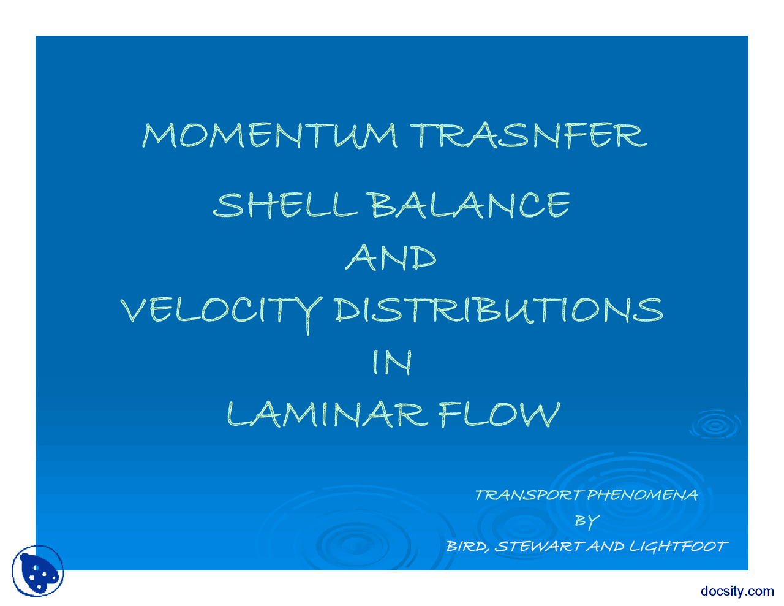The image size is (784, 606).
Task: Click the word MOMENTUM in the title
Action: pos(269,135)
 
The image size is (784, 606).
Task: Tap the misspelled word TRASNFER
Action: pos(528,135)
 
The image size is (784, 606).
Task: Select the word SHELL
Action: pos(285,205)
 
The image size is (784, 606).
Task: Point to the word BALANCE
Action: pos(470,205)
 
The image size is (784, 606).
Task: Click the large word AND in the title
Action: pos(391,258)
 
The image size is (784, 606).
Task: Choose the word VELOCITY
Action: pos(221,311)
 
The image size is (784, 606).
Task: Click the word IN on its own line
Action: pos(392,363)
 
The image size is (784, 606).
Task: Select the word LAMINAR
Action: pos(326,415)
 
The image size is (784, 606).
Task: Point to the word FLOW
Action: pos(499,415)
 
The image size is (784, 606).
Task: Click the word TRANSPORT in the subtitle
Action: pos(528,495)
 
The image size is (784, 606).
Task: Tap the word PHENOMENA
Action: pos(642,495)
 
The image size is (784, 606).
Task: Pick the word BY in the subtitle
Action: pos(586,521)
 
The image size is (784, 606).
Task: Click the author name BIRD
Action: pos(467,547)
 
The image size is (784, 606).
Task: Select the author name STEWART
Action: pos(538,547)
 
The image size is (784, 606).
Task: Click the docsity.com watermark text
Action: pos(737,591)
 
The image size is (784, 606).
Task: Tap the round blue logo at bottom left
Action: pos(38,571)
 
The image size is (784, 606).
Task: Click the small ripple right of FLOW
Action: pos(714,425)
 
